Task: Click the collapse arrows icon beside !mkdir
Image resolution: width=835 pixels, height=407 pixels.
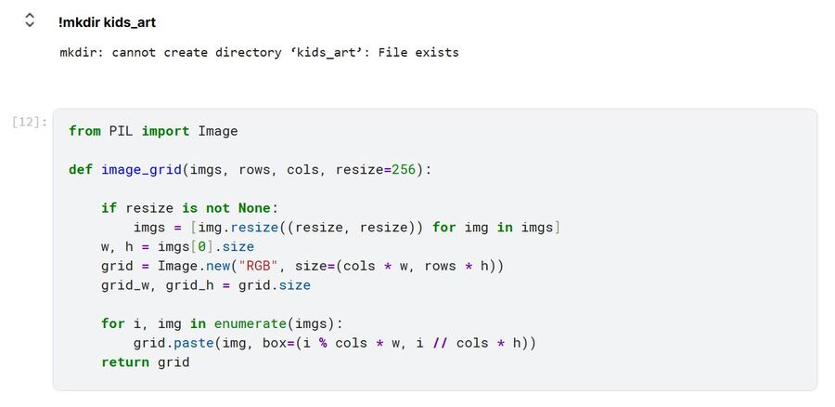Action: click(30, 20)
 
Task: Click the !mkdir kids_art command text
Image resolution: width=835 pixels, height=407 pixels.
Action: click(102, 21)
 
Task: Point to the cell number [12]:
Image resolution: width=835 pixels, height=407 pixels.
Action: click(30, 122)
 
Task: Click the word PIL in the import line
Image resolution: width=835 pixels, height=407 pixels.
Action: click(122, 131)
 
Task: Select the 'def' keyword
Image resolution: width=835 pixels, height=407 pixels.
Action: click(81, 170)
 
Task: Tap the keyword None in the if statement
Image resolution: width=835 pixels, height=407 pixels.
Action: click(254, 208)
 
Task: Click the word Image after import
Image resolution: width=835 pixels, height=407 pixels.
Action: click(218, 131)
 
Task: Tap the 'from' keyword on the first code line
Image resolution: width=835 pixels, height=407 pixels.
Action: click(84, 131)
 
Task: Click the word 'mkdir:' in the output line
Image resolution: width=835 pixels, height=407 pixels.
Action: click(82, 52)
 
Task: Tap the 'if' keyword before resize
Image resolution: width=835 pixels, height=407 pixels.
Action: click(109, 208)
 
